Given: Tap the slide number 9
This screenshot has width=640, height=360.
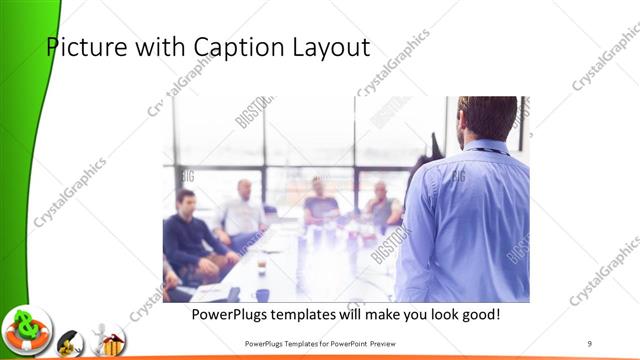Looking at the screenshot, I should tap(589, 344).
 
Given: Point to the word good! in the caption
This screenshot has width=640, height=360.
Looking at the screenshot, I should tap(478, 314).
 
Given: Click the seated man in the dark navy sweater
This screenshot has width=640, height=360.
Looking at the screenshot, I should tap(188, 235).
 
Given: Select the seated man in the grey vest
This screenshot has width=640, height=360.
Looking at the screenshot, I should tap(381, 206).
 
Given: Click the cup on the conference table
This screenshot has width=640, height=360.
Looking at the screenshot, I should tap(261, 267).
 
